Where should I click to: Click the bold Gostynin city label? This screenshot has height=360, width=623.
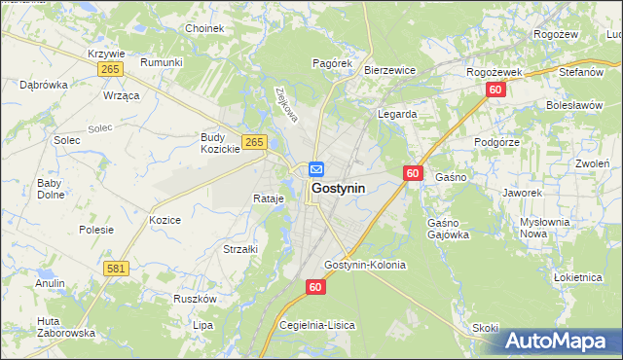(x=338, y=189)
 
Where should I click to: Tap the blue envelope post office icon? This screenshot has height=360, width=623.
(x=317, y=169)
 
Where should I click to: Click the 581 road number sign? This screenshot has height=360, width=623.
(x=117, y=268)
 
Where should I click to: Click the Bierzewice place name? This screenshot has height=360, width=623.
(x=389, y=70)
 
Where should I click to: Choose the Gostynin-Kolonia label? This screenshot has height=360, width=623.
(x=365, y=265)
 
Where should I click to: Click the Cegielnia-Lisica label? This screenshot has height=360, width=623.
(x=317, y=325)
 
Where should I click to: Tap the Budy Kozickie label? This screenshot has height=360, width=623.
(x=220, y=143)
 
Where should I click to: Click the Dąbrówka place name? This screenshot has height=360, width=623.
(x=44, y=85)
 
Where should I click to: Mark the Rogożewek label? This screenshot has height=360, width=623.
(x=495, y=72)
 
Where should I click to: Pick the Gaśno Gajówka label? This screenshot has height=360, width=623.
(x=448, y=229)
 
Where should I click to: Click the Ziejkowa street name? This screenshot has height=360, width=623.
(x=285, y=105)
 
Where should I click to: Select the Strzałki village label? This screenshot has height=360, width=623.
(x=239, y=249)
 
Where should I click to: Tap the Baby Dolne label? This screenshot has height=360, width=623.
(x=50, y=189)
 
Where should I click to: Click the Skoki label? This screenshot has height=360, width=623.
(x=485, y=328)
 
